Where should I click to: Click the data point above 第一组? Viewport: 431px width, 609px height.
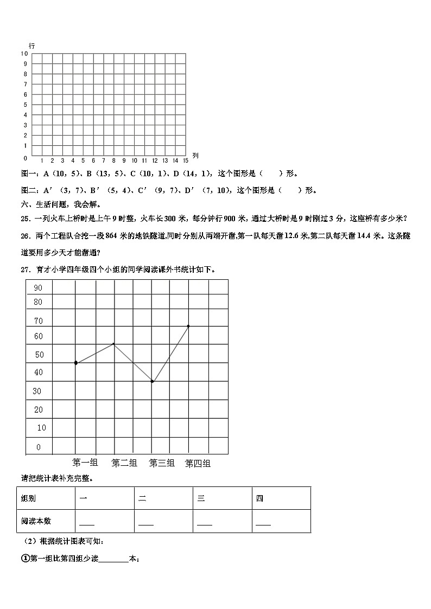[x=76, y=363]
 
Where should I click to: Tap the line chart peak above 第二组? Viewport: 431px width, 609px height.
[x=113, y=343]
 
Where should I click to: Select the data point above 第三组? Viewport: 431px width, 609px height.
[x=153, y=382]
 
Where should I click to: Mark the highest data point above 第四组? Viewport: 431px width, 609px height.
[x=188, y=326]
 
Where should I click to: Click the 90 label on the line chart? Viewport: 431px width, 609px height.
[x=38, y=287]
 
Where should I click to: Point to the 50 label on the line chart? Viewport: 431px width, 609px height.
[x=39, y=355]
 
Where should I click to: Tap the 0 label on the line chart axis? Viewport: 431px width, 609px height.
[x=38, y=447]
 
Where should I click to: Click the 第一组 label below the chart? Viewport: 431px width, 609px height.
[x=85, y=463]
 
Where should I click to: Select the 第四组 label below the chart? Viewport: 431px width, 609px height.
[x=198, y=463]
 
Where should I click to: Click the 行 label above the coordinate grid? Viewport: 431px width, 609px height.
[x=33, y=47]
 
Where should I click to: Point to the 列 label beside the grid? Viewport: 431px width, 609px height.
[x=195, y=156]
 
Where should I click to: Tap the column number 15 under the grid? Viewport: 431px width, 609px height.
[x=185, y=161]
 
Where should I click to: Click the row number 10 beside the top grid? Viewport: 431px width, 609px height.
[x=24, y=54]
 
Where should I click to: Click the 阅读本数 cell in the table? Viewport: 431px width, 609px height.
[x=36, y=521]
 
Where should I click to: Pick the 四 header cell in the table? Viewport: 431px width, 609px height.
[x=259, y=498]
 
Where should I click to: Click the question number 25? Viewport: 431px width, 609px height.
[x=24, y=219]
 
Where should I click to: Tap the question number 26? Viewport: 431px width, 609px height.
[x=24, y=236]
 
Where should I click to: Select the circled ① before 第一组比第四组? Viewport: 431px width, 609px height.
[x=24, y=559]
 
